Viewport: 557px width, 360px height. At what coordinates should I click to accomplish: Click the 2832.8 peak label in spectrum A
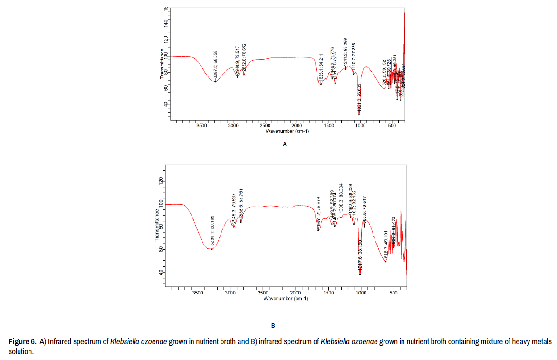pos(244,58)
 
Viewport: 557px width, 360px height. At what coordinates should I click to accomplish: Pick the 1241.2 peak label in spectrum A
pos(346,52)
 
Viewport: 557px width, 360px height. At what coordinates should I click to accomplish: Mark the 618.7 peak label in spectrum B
pos(386,245)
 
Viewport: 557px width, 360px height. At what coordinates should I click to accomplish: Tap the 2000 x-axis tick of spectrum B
pos(295,293)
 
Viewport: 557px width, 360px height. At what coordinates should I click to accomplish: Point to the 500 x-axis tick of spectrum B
pos(393,293)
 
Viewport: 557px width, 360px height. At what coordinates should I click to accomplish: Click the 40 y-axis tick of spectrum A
pos(166,104)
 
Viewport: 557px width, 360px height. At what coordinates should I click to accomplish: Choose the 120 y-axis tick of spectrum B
pos(160,181)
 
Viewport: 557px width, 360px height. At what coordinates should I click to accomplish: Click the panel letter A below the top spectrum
pos(285,144)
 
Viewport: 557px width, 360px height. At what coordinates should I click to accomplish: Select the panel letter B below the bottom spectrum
pos(273,326)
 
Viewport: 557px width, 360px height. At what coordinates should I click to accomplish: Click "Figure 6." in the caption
pos(22,341)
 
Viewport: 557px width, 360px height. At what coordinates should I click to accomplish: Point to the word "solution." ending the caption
pos(21,352)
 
